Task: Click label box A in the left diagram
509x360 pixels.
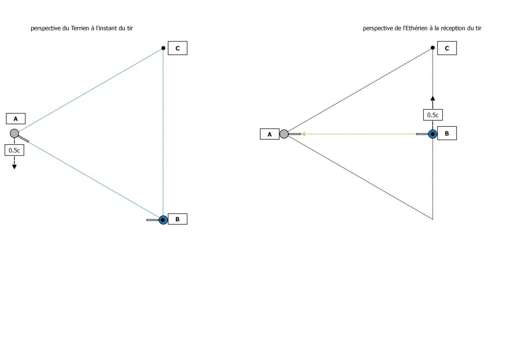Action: pyautogui.click(x=16, y=119)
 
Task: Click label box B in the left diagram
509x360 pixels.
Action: pyautogui.click(x=177, y=219)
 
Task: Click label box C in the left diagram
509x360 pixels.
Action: pyautogui.click(x=177, y=48)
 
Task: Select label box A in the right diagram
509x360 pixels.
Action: pyautogui.click(x=270, y=134)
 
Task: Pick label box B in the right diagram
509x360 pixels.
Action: pyautogui.click(x=447, y=134)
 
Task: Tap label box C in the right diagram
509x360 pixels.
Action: pyautogui.click(x=447, y=48)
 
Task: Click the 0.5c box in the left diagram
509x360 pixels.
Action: pyautogui.click(x=14, y=150)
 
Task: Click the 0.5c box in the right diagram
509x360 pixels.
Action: pyautogui.click(x=433, y=115)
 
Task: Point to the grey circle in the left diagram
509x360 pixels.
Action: pyautogui.click(x=14, y=133)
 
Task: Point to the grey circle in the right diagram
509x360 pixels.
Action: pyautogui.click(x=284, y=134)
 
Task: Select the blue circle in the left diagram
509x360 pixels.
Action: pyautogui.click(x=163, y=220)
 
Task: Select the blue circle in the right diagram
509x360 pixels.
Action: pyautogui.click(x=433, y=134)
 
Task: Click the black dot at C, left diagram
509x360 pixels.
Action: pyautogui.click(x=163, y=48)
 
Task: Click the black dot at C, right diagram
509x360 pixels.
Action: pyautogui.click(x=433, y=48)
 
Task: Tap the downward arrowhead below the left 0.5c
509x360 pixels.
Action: pyautogui.click(x=14, y=166)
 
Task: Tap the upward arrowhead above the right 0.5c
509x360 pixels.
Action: pyautogui.click(x=433, y=98)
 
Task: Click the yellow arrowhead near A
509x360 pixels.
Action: pyautogui.click(x=303, y=134)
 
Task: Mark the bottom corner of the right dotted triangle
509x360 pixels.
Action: pyautogui.click(x=433, y=219)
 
